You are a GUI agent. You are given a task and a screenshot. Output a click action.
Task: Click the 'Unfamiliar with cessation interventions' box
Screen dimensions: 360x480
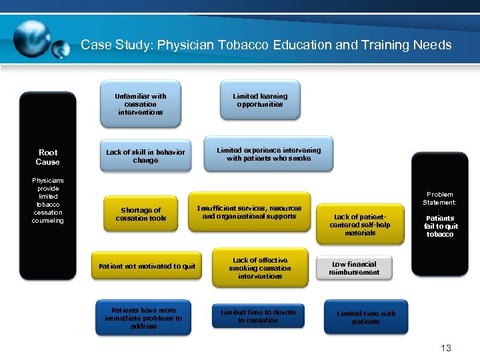pyautogui.click(x=140, y=104)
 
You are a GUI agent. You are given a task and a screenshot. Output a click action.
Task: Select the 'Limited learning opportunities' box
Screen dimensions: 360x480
pyautogui.click(x=260, y=100)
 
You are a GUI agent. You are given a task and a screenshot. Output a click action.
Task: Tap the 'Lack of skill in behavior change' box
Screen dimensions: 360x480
pyautogui.click(x=145, y=156)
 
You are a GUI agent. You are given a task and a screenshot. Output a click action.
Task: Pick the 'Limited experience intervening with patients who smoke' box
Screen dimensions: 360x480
pyautogui.click(x=268, y=154)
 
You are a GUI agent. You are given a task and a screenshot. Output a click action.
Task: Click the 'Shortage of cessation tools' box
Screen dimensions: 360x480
pyautogui.click(x=141, y=214)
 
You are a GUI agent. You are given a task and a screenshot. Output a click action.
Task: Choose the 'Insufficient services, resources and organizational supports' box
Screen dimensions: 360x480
pyautogui.click(x=249, y=212)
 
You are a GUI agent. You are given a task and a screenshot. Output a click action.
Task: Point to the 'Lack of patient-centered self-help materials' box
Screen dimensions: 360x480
pyautogui.click(x=360, y=225)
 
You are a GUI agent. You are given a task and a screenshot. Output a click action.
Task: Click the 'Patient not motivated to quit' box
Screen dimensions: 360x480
pyautogui.click(x=147, y=266)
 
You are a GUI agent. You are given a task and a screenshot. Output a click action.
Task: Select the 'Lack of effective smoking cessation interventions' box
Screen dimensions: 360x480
pyautogui.click(x=260, y=268)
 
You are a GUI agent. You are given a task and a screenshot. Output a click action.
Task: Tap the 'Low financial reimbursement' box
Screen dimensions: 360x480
pyautogui.click(x=354, y=268)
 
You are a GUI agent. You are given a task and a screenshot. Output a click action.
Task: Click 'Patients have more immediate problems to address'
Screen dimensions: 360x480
pyautogui.click(x=143, y=318)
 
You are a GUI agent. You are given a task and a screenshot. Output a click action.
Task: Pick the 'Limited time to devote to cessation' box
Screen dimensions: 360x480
pyautogui.click(x=258, y=316)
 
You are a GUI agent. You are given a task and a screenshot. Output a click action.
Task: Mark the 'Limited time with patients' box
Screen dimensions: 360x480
pyautogui.click(x=365, y=317)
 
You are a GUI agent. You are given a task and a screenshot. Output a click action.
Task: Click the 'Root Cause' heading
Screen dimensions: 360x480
pyautogui.click(x=47, y=157)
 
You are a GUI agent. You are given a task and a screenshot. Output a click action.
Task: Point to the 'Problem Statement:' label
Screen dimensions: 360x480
pyautogui.click(x=440, y=198)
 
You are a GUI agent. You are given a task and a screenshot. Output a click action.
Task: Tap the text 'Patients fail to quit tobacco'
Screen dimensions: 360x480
pyautogui.click(x=440, y=226)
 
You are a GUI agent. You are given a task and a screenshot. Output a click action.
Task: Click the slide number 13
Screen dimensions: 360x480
pyautogui.click(x=446, y=348)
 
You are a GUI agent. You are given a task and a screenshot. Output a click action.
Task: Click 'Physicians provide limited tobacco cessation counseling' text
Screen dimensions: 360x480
pyautogui.click(x=47, y=200)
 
